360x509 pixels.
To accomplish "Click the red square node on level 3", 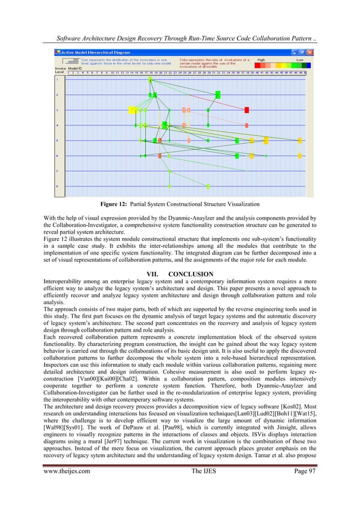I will pyautogui.click(x=247, y=109).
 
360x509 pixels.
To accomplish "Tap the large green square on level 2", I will pyautogui.click(x=218, y=94).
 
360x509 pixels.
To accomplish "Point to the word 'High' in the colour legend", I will pyautogui.click(x=261, y=59).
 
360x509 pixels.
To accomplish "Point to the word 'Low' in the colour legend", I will pyautogui.click(x=299, y=59).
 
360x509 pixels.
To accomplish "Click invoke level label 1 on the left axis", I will pyautogui.click(x=57, y=79).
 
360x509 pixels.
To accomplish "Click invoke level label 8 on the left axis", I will pyautogui.click(x=57, y=186).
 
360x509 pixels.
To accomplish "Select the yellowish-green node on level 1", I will pyautogui.click(x=150, y=79).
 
